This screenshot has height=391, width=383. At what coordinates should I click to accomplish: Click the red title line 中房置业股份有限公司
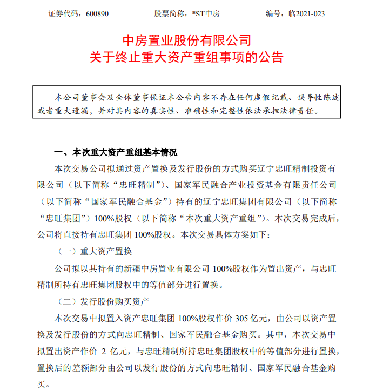pos(188,41)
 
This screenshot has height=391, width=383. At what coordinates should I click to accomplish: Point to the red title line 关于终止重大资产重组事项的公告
pos(188,57)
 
